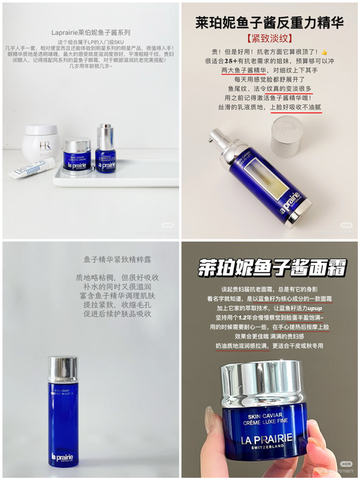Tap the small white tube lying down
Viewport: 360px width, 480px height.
pyautogui.click(x=31, y=167)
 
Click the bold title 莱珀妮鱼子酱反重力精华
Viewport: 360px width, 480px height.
pyautogui.click(x=269, y=23)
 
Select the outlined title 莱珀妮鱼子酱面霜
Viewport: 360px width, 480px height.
pyautogui.click(x=269, y=267)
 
